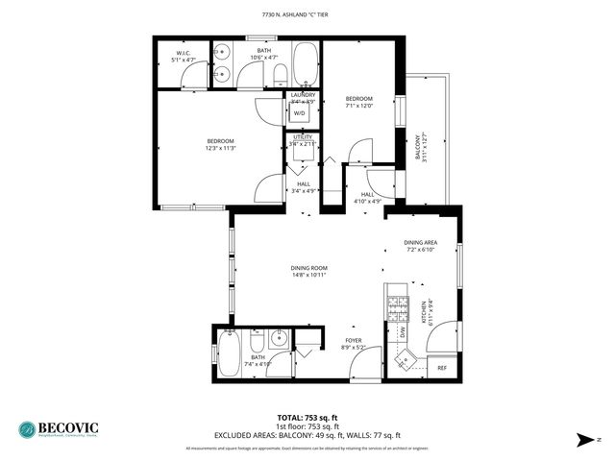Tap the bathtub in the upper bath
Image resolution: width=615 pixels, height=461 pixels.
305,64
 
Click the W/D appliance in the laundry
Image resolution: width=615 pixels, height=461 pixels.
298,112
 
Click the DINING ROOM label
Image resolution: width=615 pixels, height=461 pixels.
309,268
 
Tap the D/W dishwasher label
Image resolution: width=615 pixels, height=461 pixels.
401,332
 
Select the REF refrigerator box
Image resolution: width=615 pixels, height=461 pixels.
442,368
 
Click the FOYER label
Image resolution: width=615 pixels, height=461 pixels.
354,340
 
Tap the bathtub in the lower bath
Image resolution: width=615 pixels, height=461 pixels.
230,349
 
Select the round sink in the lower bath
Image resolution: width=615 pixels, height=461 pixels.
278,337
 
